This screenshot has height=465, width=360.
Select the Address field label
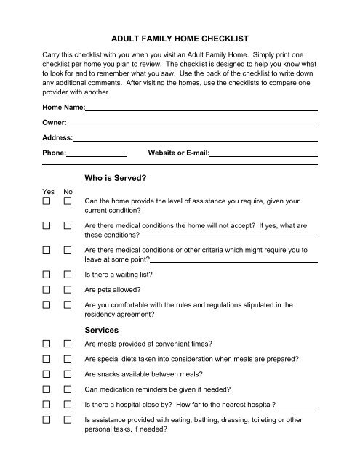point(57,137)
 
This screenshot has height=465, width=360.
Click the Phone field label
point(55,153)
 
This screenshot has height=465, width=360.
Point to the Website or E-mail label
point(179,153)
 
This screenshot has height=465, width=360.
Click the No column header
point(68,192)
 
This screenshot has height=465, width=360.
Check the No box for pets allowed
point(68,291)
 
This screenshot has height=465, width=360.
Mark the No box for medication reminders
point(68,389)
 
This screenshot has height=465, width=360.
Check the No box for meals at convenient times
point(68,344)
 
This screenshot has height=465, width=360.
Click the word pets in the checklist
point(99,291)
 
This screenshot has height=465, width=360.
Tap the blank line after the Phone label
point(97,155)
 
